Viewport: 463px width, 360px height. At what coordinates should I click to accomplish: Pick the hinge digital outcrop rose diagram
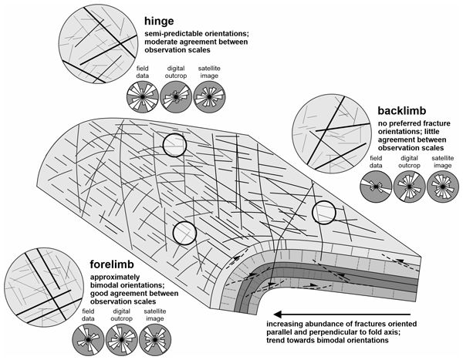click(x=175, y=98)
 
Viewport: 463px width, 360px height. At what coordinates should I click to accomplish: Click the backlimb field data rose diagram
click(x=376, y=187)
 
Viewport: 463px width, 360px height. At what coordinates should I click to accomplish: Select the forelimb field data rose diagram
click(x=89, y=337)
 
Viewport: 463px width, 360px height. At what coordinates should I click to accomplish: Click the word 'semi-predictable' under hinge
click(x=172, y=34)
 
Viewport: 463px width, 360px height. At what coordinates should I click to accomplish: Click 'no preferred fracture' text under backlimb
click(x=415, y=124)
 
